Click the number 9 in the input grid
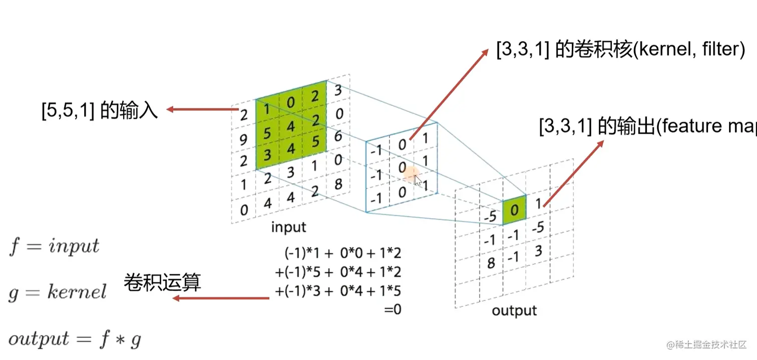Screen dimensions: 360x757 (244, 139)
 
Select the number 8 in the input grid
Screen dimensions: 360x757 (338, 184)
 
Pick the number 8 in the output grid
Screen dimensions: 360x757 (491, 262)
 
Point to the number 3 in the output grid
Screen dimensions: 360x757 (538, 250)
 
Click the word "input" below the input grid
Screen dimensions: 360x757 (288, 227)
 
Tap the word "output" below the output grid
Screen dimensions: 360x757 (514, 310)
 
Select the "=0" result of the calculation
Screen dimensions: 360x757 (393, 310)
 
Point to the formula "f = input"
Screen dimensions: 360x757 (54, 246)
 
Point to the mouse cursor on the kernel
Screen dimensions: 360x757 (418, 180)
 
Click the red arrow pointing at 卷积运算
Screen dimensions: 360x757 (221, 299)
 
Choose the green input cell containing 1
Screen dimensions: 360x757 (267, 109)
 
